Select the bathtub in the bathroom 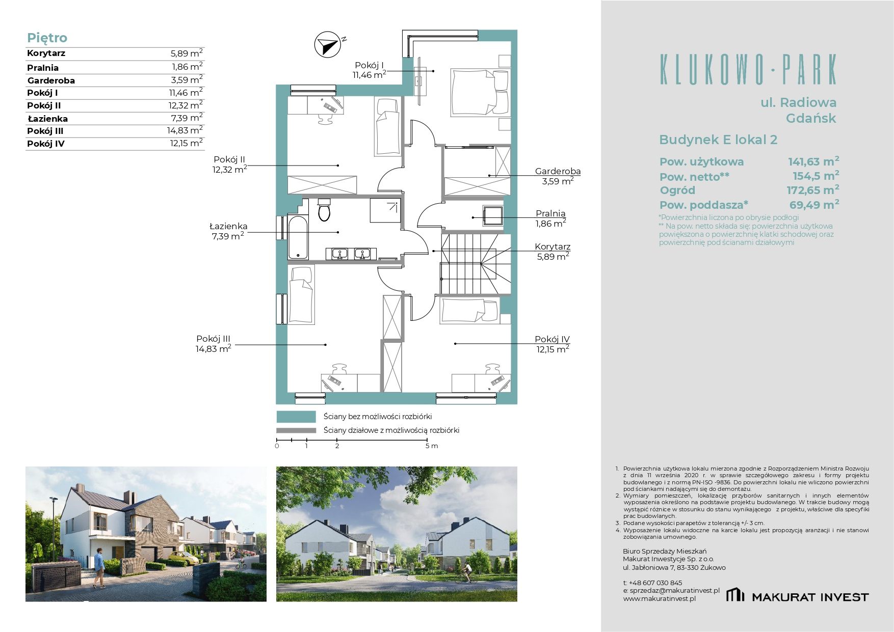click(298, 238)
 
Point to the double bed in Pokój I click(480, 92)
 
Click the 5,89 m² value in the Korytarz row click(187, 53)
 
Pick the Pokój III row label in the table click(45, 131)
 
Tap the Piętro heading click(47, 38)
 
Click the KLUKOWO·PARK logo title click(748, 69)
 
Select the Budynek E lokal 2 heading click(718, 140)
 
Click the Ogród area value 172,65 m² click(812, 190)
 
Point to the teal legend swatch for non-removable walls click(296, 417)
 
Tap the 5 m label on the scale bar click(432, 446)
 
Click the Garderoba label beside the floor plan click(558, 172)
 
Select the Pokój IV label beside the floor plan click(552, 339)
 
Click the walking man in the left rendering click(99, 569)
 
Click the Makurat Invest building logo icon click(735, 594)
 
